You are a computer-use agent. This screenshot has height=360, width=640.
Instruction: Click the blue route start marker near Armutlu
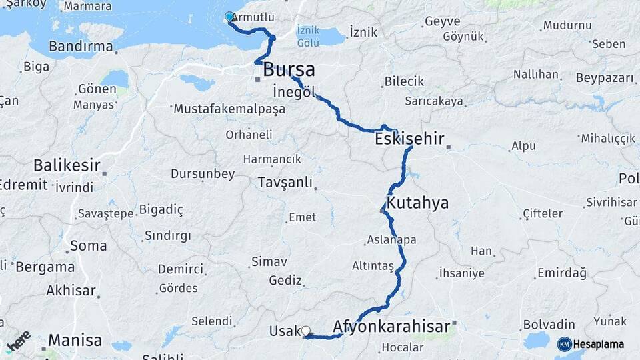(x=229, y=17)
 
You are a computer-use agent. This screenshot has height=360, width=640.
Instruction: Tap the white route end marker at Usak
(x=306, y=330)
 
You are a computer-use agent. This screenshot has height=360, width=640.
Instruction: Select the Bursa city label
(x=289, y=69)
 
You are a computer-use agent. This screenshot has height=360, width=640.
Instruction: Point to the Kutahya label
(x=417, y=203)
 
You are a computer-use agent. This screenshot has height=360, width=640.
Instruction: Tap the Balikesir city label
(x=67, y=165)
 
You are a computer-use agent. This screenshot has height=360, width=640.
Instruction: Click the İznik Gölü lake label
(x=308, y=36)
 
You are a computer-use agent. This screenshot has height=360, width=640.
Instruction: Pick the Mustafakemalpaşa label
(x=229, y=109)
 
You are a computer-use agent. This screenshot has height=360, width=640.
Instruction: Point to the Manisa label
(x=75, y=340)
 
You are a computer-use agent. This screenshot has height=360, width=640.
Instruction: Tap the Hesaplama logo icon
(x=564, y=344)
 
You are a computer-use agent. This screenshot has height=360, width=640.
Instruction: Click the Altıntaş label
(x=373, y=265)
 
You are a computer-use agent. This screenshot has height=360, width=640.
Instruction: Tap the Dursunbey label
(x=203, y=174)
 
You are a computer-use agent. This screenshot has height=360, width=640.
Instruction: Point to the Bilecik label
(x=404, y=81)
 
